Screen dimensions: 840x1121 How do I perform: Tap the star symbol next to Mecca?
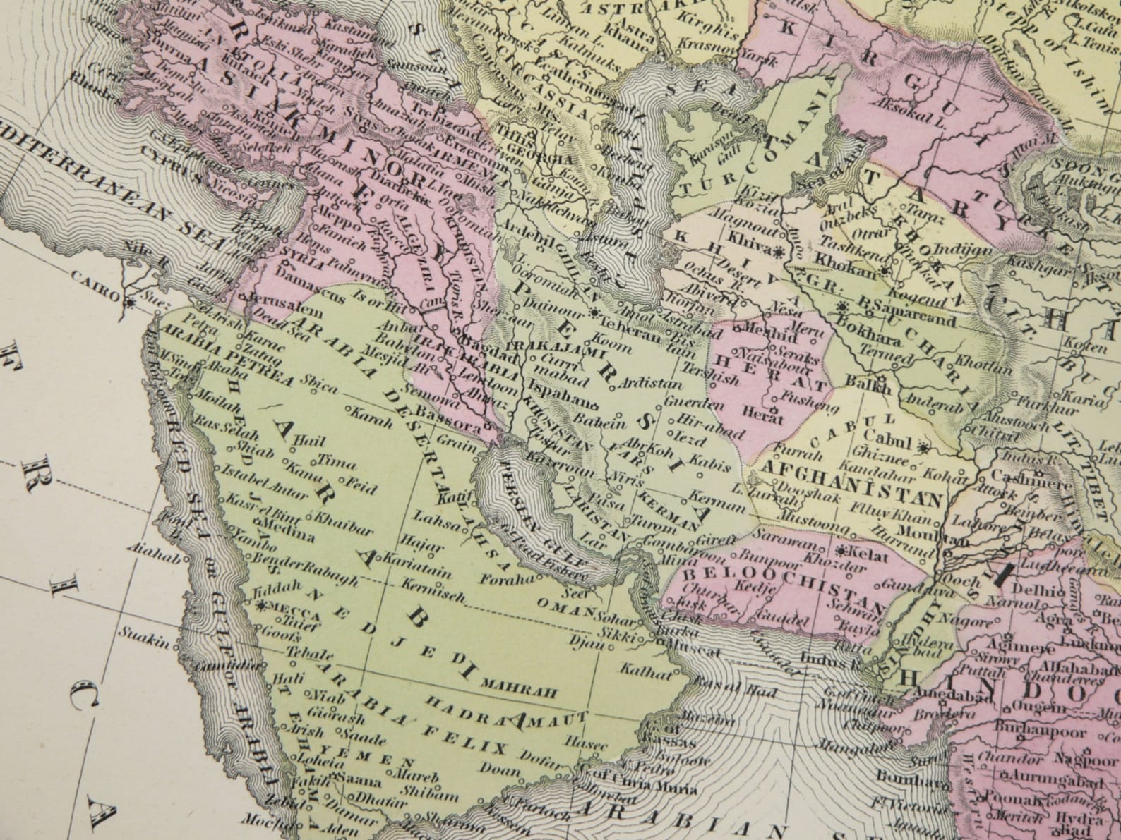coord(263,606)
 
